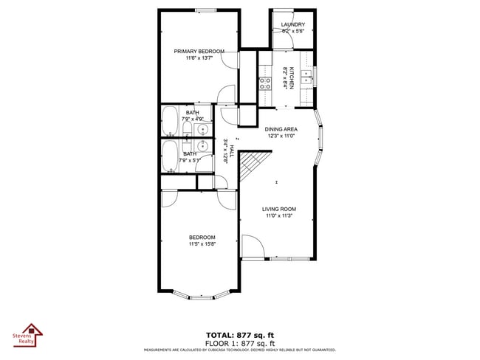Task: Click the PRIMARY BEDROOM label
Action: [199, 52]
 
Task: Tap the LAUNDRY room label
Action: [293, 25]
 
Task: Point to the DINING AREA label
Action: [281, 128]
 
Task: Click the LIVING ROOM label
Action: [278, 209]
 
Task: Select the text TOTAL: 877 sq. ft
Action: [240, 334]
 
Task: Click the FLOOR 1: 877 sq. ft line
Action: [240, 343]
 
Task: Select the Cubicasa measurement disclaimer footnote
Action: [240, 350]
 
